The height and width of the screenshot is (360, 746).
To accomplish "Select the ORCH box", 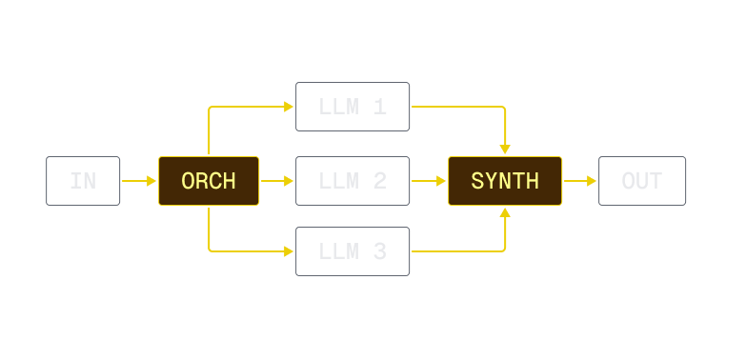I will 209,181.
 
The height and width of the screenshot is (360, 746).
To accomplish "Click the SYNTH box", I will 505,181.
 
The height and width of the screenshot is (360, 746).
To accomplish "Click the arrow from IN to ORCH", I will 139,181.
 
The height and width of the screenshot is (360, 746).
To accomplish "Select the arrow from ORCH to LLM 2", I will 277,181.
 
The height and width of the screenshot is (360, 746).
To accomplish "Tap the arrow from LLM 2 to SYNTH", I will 429,181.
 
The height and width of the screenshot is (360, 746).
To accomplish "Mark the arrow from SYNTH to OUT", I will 579,181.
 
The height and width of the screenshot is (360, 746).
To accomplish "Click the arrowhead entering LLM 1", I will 289,106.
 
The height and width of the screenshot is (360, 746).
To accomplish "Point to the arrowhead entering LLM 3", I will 289,252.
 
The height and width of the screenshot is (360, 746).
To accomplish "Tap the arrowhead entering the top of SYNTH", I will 505,150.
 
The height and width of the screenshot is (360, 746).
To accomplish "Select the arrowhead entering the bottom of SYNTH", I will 505,212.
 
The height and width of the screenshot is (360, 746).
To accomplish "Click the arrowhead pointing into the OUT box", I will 592,181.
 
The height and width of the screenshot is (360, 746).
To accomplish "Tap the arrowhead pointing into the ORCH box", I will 151,181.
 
